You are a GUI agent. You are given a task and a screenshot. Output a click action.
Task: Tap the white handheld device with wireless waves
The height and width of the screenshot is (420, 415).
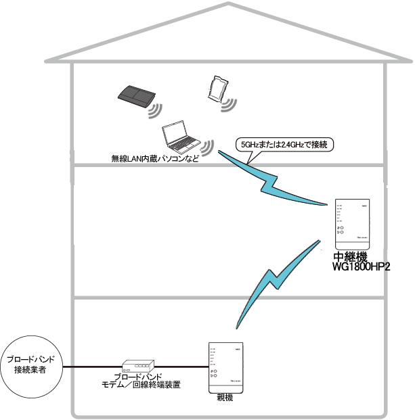coord(217,89)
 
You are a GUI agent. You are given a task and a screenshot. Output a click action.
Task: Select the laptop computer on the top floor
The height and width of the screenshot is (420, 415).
coord(180,139)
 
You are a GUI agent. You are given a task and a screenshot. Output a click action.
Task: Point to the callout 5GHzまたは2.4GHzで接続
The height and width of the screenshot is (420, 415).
coord(284,145)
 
